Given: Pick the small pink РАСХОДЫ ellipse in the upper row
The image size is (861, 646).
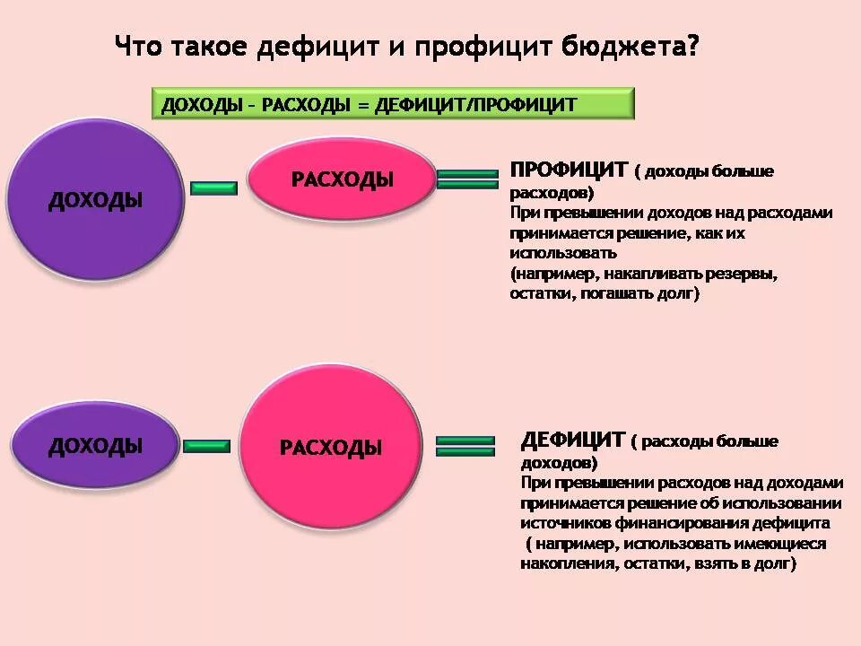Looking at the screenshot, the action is pyautogui.click(x=342, y=179).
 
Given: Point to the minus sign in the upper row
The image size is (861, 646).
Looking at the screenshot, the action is pyautogui.click(x=214, y=188).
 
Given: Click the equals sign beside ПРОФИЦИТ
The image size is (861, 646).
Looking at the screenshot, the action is pyautogui.click(x=466, y=179).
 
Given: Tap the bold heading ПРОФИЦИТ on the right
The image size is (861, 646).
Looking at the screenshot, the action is pyautogui.click(x=568, y=170).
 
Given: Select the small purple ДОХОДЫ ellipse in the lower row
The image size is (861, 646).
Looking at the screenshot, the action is pyautogui.click(x=95, y=445).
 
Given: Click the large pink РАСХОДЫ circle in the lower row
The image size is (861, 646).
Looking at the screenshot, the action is pyautogui.click(x=330, y=448).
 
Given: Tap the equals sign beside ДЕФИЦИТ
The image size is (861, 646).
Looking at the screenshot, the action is pyautogui.click(x=465, y=446).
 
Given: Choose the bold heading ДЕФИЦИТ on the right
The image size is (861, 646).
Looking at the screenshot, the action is pyautogui.click(x=572, y=440).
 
